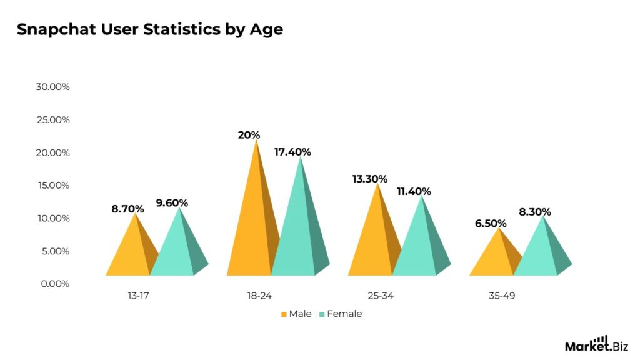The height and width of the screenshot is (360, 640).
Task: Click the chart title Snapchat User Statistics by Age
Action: click(149, 29)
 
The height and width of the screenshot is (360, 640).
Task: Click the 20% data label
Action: click(249, 135)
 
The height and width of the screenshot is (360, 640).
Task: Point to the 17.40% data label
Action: click(292, 152)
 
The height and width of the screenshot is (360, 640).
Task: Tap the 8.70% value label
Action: click(127, 209)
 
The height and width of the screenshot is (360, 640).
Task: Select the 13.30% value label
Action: click(370, 179)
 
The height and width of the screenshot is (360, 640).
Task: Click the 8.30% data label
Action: click(535, 212)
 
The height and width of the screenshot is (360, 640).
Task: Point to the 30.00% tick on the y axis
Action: click(52, 87)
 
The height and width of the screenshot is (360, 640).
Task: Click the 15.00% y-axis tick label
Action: click(52, 186)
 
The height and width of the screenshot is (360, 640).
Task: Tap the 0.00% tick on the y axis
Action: click(55, 284)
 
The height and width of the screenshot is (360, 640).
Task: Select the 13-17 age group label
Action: click(138, 296)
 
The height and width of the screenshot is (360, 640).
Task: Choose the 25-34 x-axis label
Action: click(381, 296)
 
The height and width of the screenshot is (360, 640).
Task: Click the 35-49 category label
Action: click(502, 296)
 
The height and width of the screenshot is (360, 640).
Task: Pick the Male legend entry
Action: click(296, 314)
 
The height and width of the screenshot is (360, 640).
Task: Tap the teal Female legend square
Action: click(322, 314)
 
